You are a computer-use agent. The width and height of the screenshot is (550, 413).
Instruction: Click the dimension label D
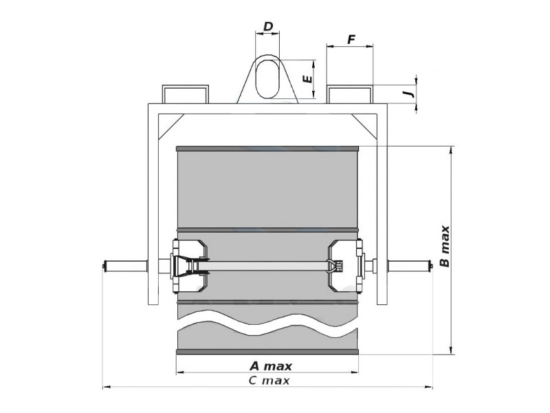click(x=267, y=26)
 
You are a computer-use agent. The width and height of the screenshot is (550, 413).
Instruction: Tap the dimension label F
click(x=351, y=40)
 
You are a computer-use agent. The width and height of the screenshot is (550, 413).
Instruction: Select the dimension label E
click(x=307, y=78)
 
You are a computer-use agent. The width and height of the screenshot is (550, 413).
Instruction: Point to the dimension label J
click(x=408, y=94)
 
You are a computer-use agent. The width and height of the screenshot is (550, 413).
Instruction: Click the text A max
click(x=270, y=366)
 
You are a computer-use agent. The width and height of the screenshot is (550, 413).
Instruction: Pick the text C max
click(x=269, y=381)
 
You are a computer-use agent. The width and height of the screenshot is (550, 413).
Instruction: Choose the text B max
click(x=444, y=246)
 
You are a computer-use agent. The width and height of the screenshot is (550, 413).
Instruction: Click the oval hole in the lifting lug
click(x=267, y=78)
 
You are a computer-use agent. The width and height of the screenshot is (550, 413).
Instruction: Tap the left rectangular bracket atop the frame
click(x=185, y=94)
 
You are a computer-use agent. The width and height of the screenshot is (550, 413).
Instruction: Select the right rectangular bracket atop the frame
click(x=349, y=94)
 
